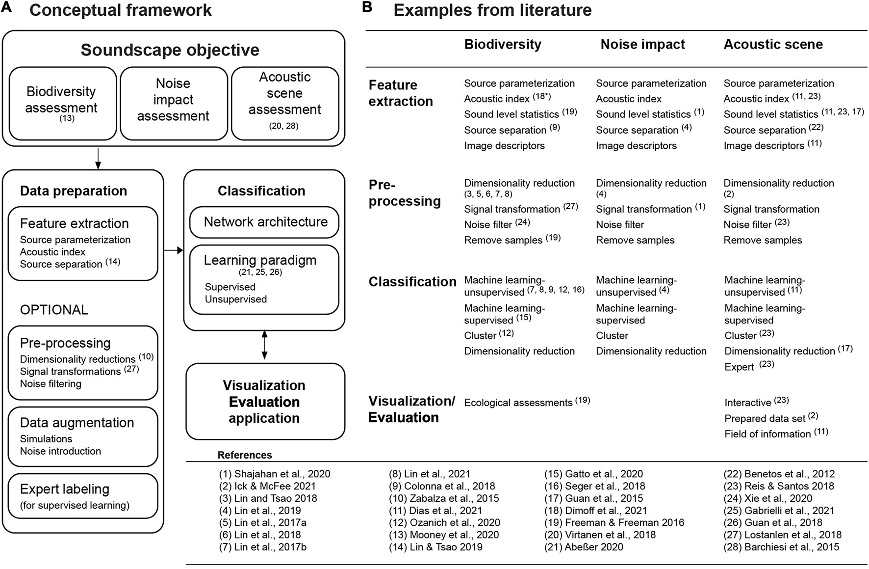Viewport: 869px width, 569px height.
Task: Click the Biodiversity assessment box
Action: (62, 104)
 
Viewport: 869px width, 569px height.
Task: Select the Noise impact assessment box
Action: (173, 104)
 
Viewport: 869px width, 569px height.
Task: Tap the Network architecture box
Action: (265, 222)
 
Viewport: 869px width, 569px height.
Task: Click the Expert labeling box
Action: (82, 496)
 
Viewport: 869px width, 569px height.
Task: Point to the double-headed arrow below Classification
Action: (264, 345)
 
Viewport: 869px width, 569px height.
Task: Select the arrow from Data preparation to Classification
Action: (173, 250)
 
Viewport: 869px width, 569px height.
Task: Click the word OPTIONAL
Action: (54, 310)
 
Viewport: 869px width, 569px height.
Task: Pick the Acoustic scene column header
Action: (773, 44)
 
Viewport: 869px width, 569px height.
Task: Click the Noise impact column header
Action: (642, 44)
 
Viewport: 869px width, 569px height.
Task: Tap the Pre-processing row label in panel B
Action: (404, 193)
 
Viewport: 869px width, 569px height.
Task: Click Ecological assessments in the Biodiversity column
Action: (518, 403)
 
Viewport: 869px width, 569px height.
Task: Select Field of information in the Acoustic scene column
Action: (767, 434)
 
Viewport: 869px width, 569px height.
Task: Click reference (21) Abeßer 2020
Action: (584, 547)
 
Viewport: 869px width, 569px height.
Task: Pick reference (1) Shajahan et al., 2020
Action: (275, 474)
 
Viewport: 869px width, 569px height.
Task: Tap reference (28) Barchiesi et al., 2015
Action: (781, 547)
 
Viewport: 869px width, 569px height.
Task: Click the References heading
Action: (245, 455)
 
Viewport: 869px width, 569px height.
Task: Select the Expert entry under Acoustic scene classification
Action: (739, 367)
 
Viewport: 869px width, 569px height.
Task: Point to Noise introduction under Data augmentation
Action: (60, 451)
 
